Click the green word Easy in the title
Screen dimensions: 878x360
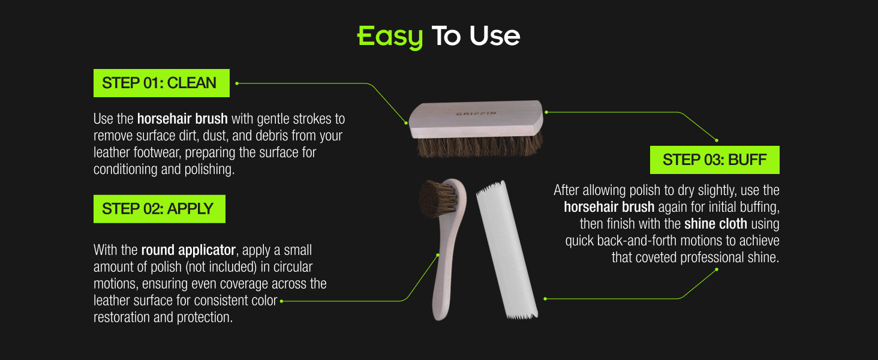[x=390, y=37]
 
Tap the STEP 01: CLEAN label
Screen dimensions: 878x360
[x=161, y=83]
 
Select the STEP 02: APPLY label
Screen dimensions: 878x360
[x=160, y=209]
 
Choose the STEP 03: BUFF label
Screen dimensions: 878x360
[x=714, y=160]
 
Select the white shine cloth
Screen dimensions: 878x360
[x=507, y=250]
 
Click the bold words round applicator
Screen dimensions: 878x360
[x=188, y=250]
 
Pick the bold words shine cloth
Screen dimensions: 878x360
[x=715, y=224]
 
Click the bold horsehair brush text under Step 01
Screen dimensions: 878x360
[x=182, y=119]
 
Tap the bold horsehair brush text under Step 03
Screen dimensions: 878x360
[x=609, y=207]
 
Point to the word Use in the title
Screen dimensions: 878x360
[x=495, y=36]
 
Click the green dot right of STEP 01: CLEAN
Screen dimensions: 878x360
[x=237, y=83]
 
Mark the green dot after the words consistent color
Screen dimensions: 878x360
[x=281, y=301]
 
